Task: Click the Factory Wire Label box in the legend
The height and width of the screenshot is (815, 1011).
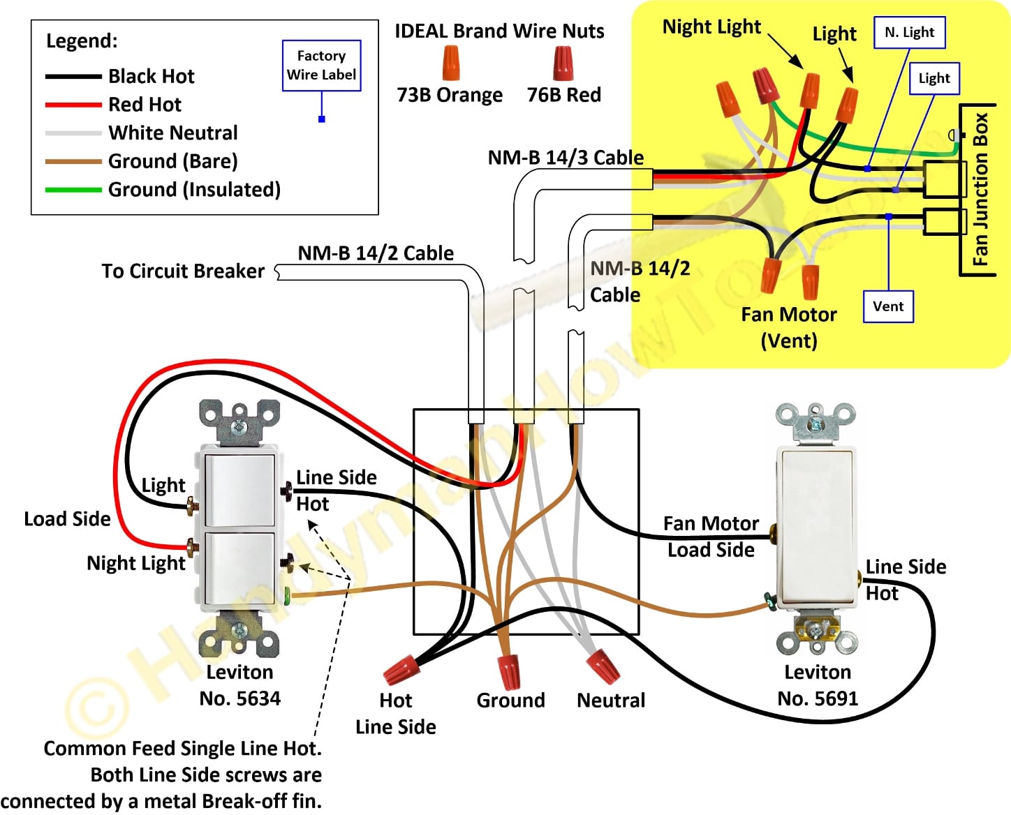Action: coord(321,66)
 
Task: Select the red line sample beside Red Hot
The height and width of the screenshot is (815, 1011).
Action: coord(73,105)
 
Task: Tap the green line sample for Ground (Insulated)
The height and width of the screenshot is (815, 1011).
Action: coord(73,189)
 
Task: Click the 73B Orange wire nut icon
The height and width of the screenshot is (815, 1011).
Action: coord(450,63)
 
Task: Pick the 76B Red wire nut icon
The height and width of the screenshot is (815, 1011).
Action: coord(563,63)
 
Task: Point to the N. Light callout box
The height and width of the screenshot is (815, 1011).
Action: coord(909,32)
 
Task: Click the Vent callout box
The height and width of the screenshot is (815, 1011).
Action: coord(888,306)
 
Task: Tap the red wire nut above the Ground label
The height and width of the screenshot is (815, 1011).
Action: coord(509,671)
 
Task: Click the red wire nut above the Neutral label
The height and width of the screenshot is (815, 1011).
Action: coord(602,666)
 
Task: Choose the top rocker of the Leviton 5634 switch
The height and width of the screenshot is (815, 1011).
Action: coord(239,490)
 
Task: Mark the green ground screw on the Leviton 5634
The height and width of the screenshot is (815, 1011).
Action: coord(288,595)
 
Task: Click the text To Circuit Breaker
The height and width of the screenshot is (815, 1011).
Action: coord(183,271)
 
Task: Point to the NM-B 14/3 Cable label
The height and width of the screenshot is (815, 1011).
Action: coord(566,158)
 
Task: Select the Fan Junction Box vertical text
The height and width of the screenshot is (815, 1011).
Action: coord(980,189)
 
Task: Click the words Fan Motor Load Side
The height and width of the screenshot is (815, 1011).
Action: coord(711,537)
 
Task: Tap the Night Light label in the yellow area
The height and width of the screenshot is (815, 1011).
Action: coord(711,27)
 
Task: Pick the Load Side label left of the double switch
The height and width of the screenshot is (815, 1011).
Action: coord(67,519)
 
